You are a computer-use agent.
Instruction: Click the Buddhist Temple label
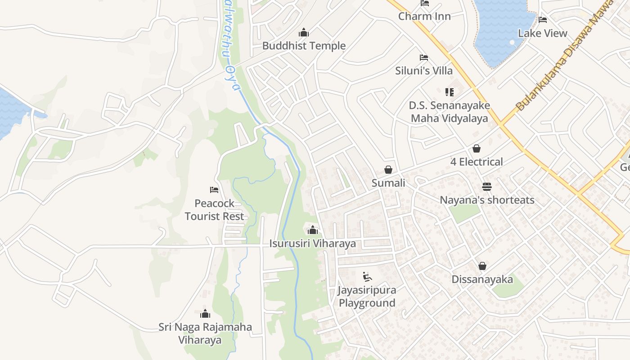point(304,46)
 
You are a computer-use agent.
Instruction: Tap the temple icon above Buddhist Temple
point(304,33)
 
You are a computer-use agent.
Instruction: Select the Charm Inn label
point(424,16)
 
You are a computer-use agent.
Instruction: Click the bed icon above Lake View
point(543,20)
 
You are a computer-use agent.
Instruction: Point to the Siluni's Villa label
point(424,71)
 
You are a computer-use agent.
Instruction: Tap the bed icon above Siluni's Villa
point(423,58)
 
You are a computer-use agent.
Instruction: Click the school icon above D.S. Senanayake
point(449,92)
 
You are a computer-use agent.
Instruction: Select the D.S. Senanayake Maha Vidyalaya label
point(449,112)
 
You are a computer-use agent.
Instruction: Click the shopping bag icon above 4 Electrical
point(477,148)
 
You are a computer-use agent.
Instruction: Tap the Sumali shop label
point(388,183)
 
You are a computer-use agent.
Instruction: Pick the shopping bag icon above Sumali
point(388,170)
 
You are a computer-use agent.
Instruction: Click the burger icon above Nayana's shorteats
point(487,186)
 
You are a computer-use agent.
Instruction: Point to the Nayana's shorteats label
point(487,200)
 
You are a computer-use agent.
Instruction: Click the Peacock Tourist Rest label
point(214,210)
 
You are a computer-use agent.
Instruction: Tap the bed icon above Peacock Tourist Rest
point(214,190)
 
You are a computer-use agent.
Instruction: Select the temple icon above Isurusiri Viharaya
point(313,230)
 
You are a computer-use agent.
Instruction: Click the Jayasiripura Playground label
point(367,296)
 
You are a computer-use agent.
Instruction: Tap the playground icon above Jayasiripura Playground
point(367,276)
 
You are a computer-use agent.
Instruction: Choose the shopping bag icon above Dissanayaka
point(482,266)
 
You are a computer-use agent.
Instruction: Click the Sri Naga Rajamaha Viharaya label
point(205,333)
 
